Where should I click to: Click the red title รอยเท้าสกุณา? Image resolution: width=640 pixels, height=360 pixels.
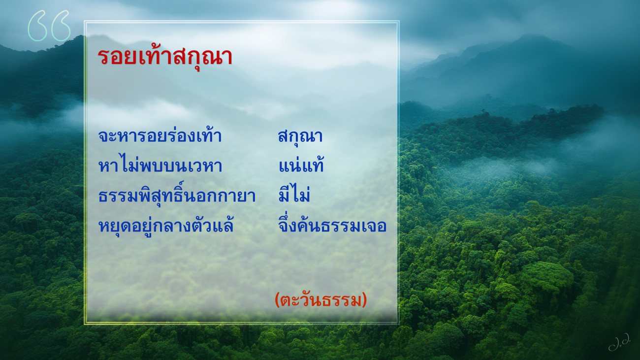[x=165, y=57]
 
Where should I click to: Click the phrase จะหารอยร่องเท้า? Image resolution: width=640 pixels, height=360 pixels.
[x=160, y=135]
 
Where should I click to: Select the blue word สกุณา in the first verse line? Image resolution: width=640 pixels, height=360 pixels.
[x=300, y=137]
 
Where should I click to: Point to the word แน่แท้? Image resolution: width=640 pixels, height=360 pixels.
[x=301, y=164]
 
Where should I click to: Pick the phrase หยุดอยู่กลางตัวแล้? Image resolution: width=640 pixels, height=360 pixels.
[x=166, y=225]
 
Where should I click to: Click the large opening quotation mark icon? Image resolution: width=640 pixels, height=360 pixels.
[x=49, y=26]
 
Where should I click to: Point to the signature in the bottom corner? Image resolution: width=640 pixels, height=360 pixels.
[x=619, y=342]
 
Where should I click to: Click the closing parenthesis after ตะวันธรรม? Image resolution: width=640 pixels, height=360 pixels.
[x=364, y=300]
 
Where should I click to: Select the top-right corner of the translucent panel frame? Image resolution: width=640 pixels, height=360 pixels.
[x=399, y=21]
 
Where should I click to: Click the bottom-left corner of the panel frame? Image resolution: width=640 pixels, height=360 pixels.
[x=85, y=324]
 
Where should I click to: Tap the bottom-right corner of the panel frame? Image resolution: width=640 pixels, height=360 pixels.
[x=399, y=324]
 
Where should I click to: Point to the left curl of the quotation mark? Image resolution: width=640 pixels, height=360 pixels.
[x=37, y=26]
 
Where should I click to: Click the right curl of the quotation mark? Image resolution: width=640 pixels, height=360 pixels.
[x=61, y=26]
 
